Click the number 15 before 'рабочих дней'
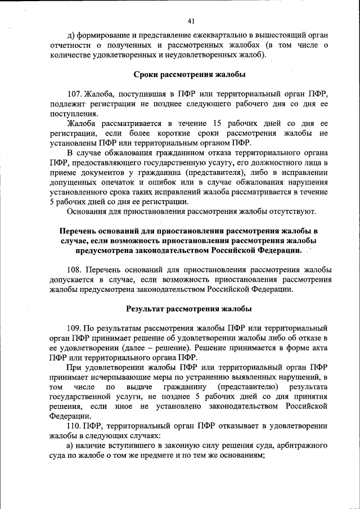(x=219, y=123)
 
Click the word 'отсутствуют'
(x=294, y=211)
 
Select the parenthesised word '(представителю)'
(x=246, y=386)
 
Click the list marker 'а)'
(x=71, y=446)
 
